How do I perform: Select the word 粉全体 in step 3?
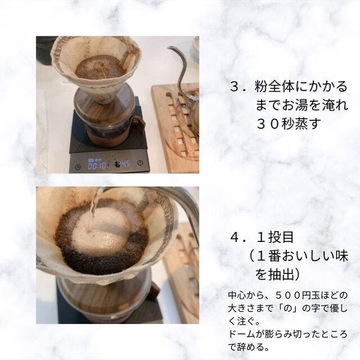[274, 87]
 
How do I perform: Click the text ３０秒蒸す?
[289, 123]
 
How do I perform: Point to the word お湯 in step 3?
[295, 105]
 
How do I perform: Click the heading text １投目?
[275, 237]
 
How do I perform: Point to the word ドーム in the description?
[242, 334]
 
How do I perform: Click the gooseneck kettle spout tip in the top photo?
[169, 48]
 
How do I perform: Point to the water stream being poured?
[94, 209]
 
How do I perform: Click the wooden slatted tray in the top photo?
[175, 129]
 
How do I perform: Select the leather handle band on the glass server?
[139, 124]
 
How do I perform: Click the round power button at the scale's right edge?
[140, 163]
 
